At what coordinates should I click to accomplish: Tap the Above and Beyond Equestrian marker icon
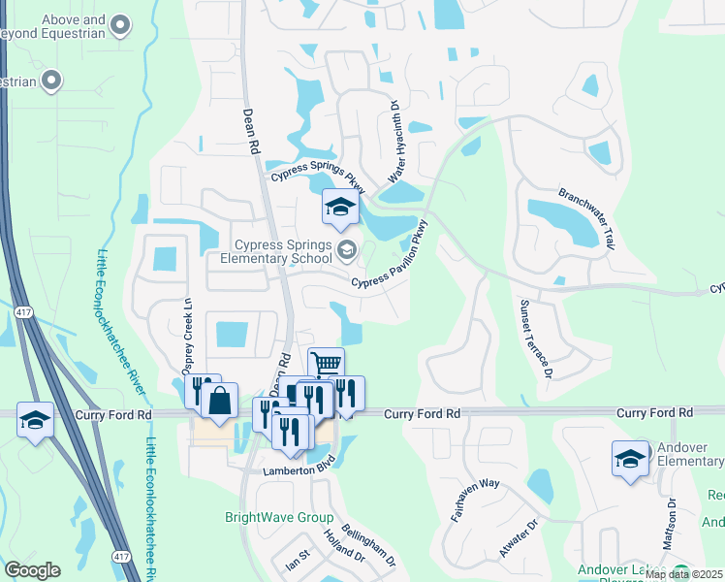click(120, 23)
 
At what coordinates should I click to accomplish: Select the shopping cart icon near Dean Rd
click(326, 364)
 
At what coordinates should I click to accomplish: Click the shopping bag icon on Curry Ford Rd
click(219, 399)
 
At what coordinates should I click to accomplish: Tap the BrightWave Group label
click(279, 518)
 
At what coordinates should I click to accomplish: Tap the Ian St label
click(296, 560)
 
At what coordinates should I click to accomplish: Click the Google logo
click(32, 570)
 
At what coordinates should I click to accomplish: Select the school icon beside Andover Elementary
click(630, 459)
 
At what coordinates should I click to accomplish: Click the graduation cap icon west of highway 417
click(36, 420)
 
